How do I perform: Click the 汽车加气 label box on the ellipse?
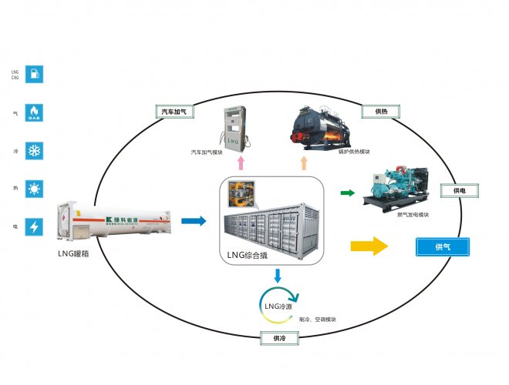pyautogui.click(x=173, y=112)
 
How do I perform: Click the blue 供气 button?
pyautogui.click(x=443, y=247)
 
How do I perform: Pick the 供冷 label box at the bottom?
pyautogui.click(x=273, y=338)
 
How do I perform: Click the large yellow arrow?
pyautogui.click(x=369, y=246)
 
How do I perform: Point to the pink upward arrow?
pyautogui.click(x=240, y=162)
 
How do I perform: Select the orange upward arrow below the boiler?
pyautogui.click(x=303, y=162)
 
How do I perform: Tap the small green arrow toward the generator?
pyautogui.click(x=348, y=193)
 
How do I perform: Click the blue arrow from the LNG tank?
pyautogui.click(x=194, y=222)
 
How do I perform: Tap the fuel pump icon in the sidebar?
pyautogui.click(x=35, y=75)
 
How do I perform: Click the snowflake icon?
pyautogui.click(x=35, y=150)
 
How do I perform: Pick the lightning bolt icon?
pyautogui.click(x=35, y=227)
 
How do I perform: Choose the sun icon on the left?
pyautogui.click(x=35, y=189)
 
